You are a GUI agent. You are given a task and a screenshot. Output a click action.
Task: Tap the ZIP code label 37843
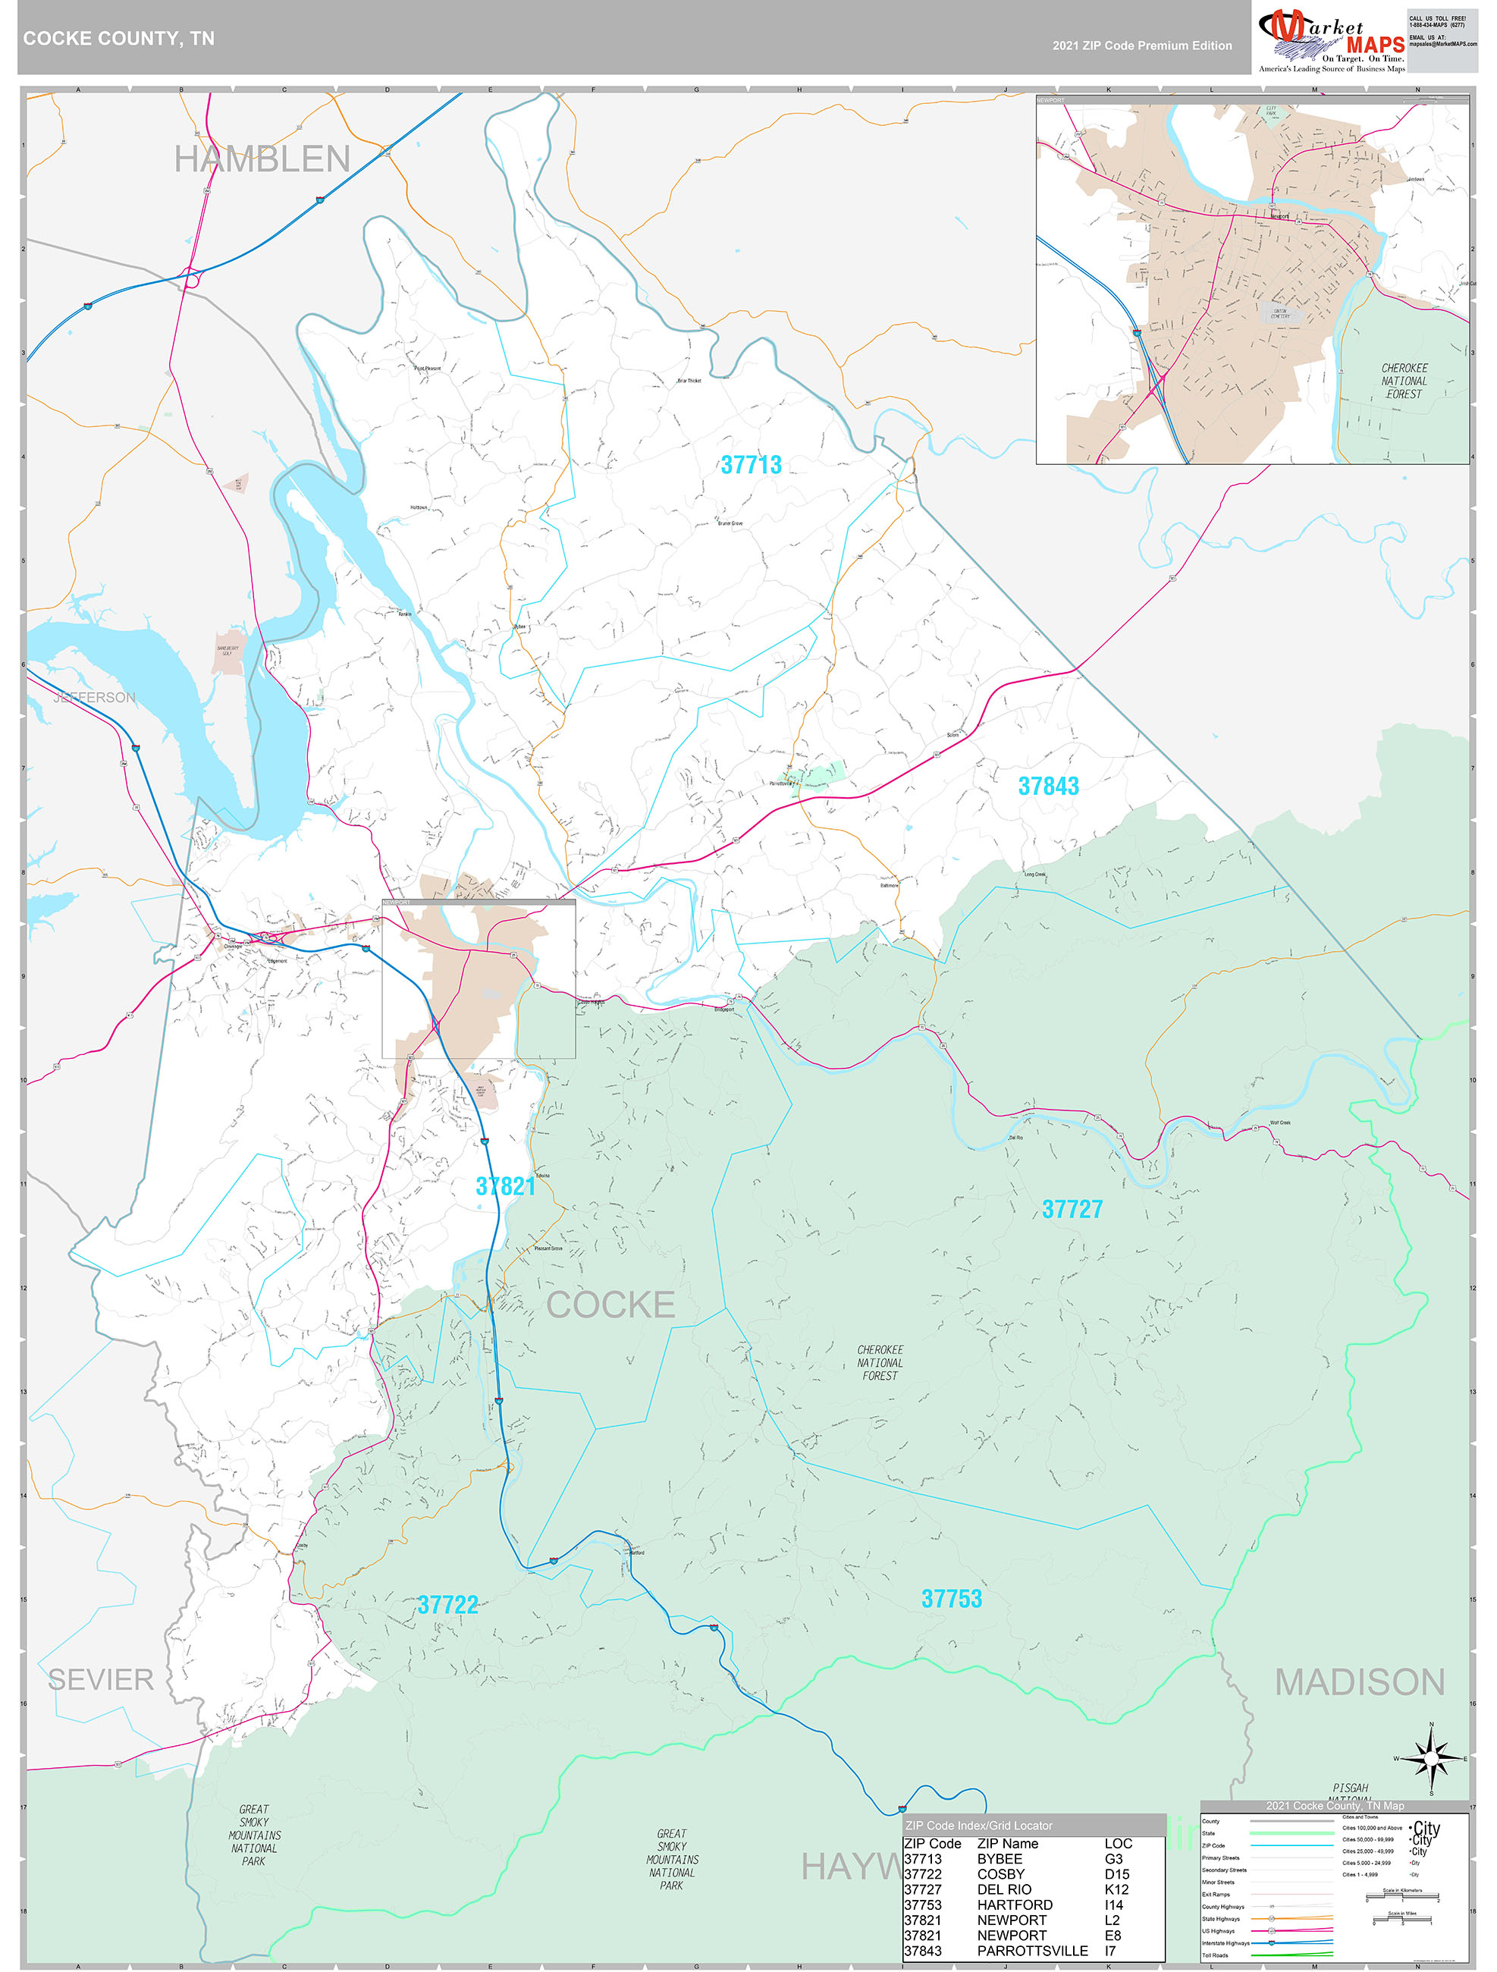(x=1049, y=787)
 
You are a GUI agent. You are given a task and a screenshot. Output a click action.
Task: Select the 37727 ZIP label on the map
(x=1072, y=1209)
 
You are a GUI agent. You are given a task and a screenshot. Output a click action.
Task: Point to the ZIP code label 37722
(x=447, y=1605)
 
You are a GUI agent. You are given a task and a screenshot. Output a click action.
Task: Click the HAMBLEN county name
(x=262, y=159)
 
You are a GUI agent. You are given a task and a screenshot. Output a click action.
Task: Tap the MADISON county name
(x=1359, y=1682)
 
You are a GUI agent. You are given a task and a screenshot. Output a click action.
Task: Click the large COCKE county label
(x=610, y=1305)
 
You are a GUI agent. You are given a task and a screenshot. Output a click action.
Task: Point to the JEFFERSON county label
(x=95, y=697)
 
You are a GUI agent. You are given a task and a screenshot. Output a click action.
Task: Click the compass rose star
(x=1431, y=1759)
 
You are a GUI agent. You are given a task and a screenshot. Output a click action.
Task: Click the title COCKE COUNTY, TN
(x=118, y=39)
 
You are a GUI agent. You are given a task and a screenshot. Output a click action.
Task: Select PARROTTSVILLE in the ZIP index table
(x=1031, y=1951)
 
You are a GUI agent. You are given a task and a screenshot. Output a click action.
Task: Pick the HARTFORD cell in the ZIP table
(x=1014, y=1904)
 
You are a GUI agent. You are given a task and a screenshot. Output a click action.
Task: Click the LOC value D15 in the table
(x=1116, y=1874)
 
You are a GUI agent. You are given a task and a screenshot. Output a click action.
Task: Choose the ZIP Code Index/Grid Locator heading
(x=978, y=1825)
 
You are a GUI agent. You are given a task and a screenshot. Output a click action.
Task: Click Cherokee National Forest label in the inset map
(x=1404, y=381)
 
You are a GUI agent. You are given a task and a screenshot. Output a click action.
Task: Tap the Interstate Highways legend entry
(x=1222, y=1942)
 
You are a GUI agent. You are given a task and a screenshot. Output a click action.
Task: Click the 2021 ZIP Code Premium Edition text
(x=1141, y=46)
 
